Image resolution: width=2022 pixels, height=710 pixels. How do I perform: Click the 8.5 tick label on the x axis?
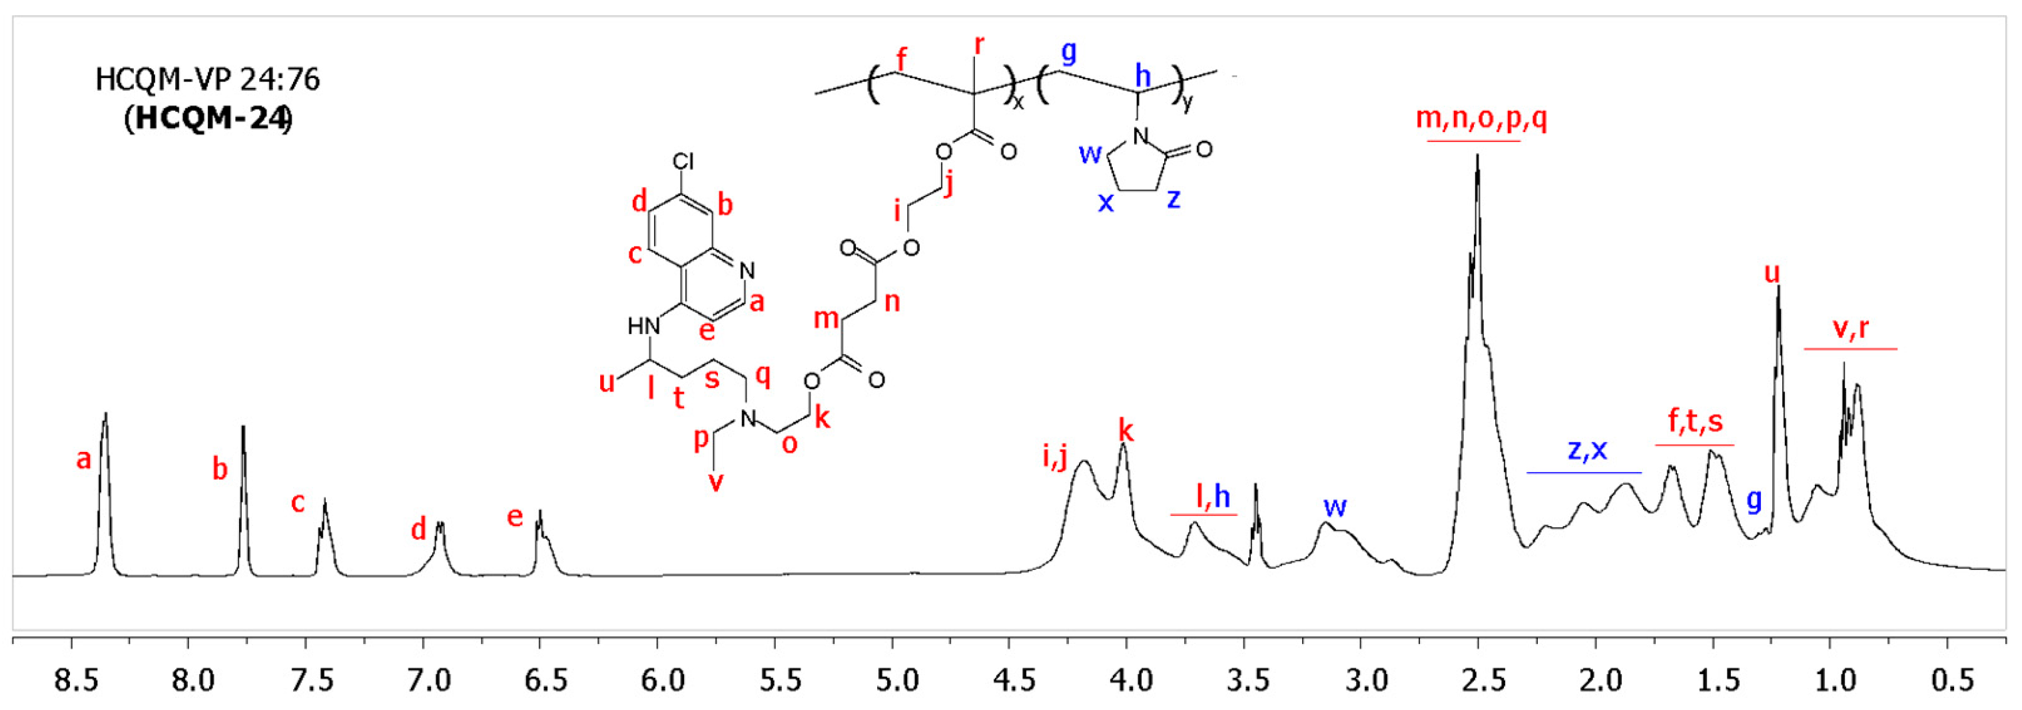[75, 679]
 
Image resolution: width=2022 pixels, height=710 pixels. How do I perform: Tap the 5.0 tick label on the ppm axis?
[897, 679]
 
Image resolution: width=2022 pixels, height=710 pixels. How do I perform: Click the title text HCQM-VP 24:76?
[208, 79]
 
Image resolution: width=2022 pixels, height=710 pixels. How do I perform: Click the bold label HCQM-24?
[208, 119]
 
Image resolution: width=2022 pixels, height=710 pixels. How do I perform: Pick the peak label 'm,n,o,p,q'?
[1481, 119]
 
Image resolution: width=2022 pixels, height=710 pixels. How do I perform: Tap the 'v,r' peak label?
[1850, 327]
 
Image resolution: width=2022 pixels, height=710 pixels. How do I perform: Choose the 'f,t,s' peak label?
[1695, 422]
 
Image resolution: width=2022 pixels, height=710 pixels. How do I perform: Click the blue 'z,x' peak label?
[1586, 449]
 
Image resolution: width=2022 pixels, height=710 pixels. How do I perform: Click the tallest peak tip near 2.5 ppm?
[1477, 155]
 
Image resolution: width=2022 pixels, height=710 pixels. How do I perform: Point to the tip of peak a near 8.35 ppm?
[105, 413]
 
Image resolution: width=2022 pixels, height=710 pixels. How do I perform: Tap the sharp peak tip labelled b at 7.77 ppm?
[243, 427]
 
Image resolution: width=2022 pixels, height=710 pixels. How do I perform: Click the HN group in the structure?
[643, 325]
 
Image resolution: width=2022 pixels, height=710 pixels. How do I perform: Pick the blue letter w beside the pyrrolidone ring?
[1090, 153]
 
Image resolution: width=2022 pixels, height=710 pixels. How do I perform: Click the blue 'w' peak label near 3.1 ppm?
[1335, 507]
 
